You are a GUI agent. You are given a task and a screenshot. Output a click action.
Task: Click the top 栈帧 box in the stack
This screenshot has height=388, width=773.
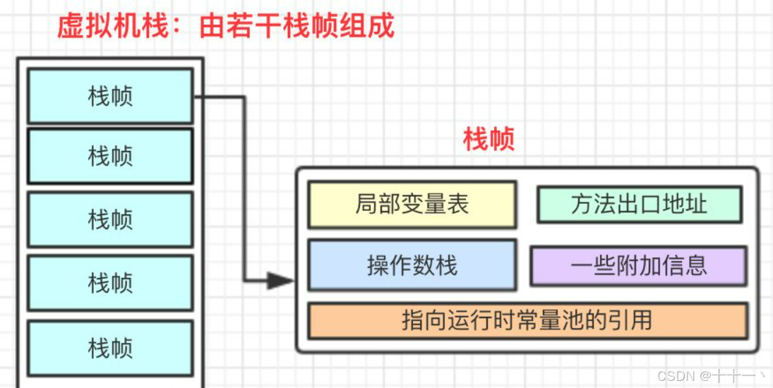tap(110, 96)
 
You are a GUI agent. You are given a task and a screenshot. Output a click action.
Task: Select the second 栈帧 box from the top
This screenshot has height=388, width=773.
tap(110, 156)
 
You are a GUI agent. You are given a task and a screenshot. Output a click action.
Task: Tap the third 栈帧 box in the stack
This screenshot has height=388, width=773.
tap(110, 219)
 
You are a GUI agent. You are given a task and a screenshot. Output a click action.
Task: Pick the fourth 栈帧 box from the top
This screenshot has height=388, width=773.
tap(110, 283)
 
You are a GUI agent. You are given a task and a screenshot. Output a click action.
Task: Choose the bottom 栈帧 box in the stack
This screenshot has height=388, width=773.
tap(110, 348)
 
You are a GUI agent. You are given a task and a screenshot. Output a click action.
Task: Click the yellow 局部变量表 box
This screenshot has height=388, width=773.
tap(412, 205)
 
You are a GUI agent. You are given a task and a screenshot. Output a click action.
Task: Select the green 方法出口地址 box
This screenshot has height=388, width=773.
tap(639, 205)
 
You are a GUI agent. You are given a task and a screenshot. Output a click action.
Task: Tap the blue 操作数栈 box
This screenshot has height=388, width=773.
tap(412, 265)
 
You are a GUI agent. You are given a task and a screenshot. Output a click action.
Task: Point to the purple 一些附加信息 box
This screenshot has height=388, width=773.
tap(638, 265)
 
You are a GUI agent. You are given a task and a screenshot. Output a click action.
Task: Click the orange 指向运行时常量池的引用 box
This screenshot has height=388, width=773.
tap(527, 320)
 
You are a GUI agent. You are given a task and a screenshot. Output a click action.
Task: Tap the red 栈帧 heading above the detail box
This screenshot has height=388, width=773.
tap(489, 140)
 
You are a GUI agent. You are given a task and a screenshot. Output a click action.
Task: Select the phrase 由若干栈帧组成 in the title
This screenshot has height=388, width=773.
tap(296, 26)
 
